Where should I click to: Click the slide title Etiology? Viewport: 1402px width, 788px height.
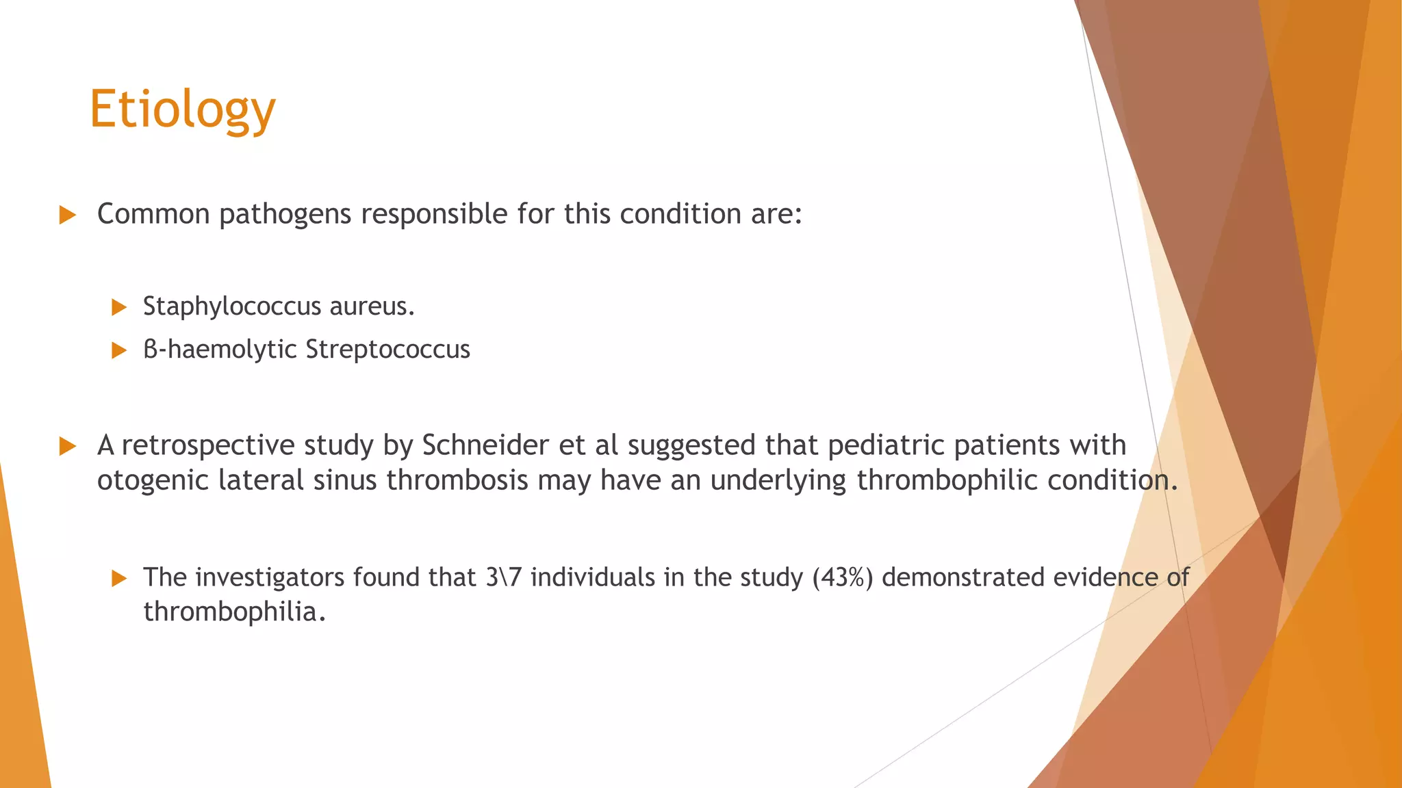coord(182,109)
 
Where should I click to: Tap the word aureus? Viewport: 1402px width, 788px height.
coord(372,306)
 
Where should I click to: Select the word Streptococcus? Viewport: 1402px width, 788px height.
coord(387,350)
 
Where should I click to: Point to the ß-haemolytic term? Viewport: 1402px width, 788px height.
coord(220,350)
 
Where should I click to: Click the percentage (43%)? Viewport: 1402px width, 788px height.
coord(843,577)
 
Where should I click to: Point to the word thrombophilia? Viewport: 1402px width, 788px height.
coord(233,612)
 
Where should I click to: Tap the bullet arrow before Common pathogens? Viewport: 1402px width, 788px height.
coord(67,215)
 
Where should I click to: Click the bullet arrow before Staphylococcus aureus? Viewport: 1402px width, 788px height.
coord(119,307)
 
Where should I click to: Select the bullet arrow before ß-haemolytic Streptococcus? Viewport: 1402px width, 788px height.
coord(119,350)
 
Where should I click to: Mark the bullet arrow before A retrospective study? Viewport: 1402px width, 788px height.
coord(67,446)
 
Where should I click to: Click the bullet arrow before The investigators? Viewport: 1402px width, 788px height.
coord(119,578)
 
